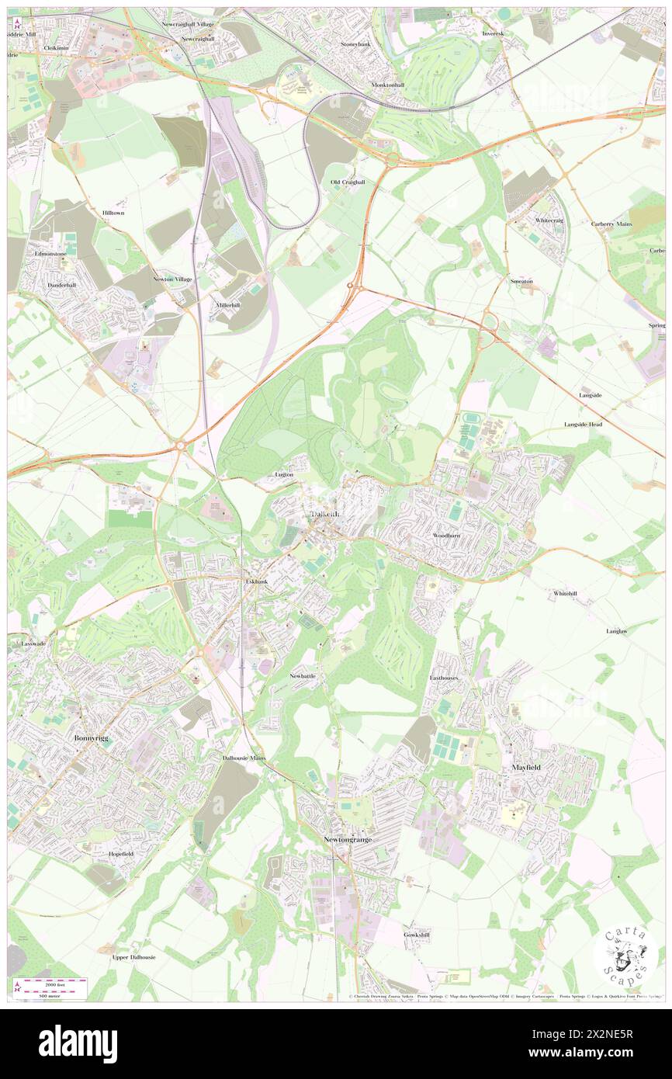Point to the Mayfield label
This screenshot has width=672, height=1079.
click(x=525, y=767)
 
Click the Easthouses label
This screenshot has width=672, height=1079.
click(x=444, y=678)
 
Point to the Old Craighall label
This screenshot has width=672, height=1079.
click(x=347, y=182)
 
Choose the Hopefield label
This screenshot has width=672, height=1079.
click(x=120, y=853)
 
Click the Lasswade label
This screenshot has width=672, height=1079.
click(x=35, y=644)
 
